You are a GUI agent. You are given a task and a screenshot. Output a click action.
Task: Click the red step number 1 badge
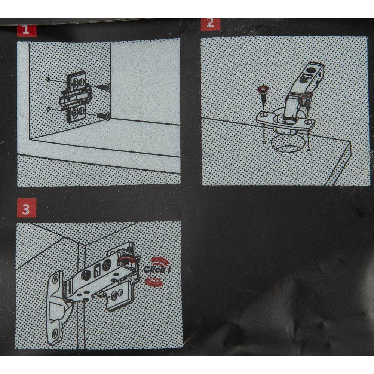pos(27,31)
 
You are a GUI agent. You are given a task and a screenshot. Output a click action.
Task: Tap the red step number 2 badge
pos(210,24)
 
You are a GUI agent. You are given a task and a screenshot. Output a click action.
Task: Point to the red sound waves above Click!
pos(160,261)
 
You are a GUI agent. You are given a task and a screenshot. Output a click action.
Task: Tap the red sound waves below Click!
pos(154,281)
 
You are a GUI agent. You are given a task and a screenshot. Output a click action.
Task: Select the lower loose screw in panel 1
pos(105,116)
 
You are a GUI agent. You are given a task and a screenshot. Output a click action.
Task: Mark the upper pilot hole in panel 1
pos(48,79)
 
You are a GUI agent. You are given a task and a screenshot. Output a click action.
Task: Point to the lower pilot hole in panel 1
pos(49,108)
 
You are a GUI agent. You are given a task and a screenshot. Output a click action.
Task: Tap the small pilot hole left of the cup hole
pos(264,142)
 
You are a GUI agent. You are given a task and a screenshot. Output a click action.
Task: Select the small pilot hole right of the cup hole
pos(309,150)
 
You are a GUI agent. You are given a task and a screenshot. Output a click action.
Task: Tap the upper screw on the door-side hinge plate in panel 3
pos(55,278)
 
